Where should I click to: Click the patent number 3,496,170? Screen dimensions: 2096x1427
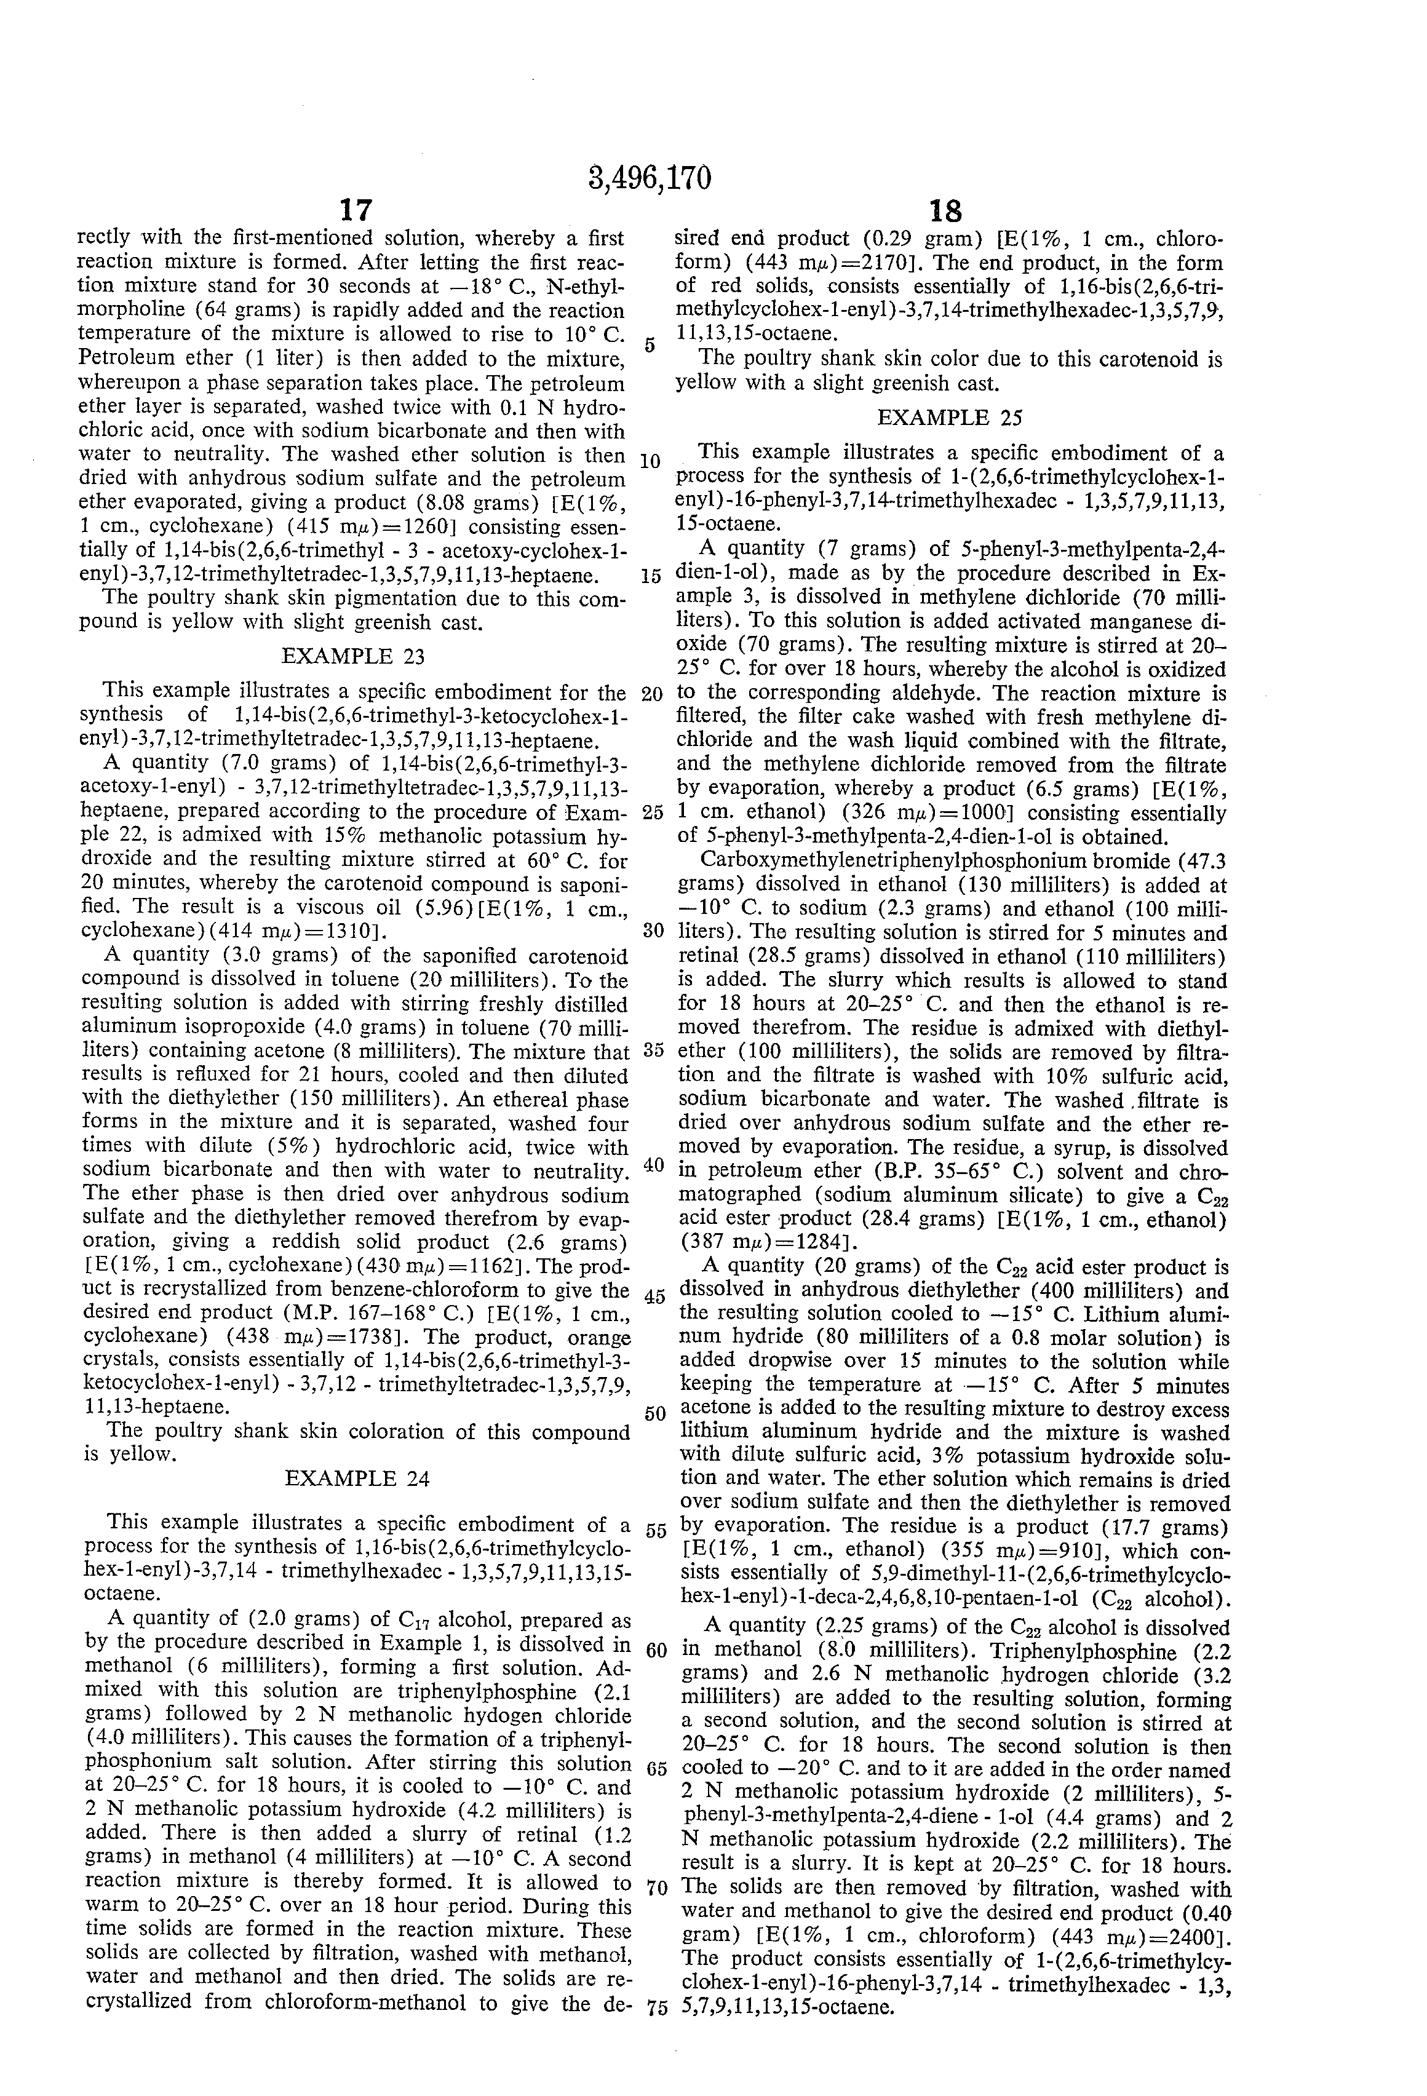pos(650,178)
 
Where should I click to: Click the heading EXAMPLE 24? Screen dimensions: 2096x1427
pos(357,1478)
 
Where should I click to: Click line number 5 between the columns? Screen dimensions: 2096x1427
pos(650,346)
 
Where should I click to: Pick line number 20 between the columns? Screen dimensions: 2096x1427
pos(652,694)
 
